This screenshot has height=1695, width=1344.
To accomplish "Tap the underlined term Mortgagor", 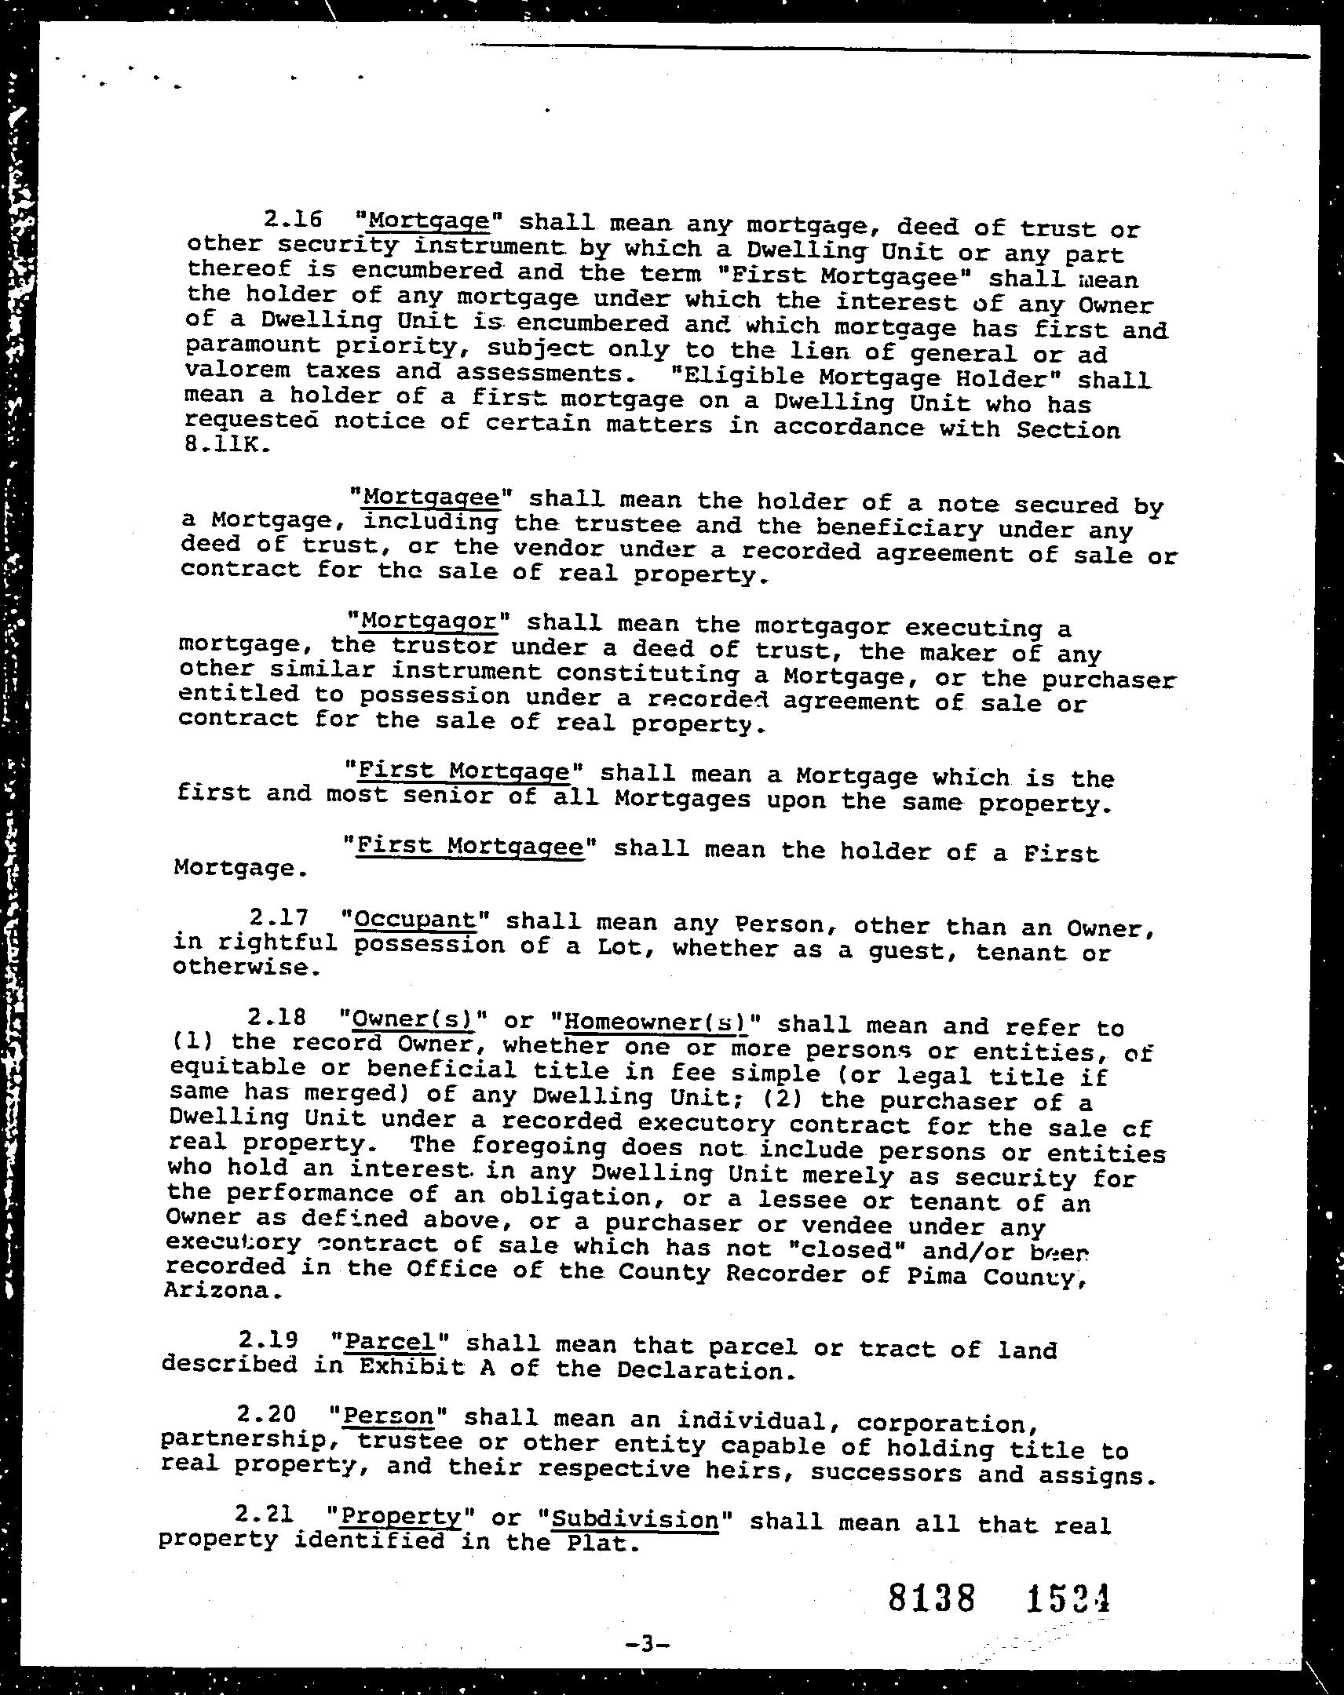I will click(x=429, y=621).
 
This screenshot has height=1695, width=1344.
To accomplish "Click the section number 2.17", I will click(x=277, y=917).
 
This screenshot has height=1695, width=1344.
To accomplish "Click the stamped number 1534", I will click(x=1068, y=1598).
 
